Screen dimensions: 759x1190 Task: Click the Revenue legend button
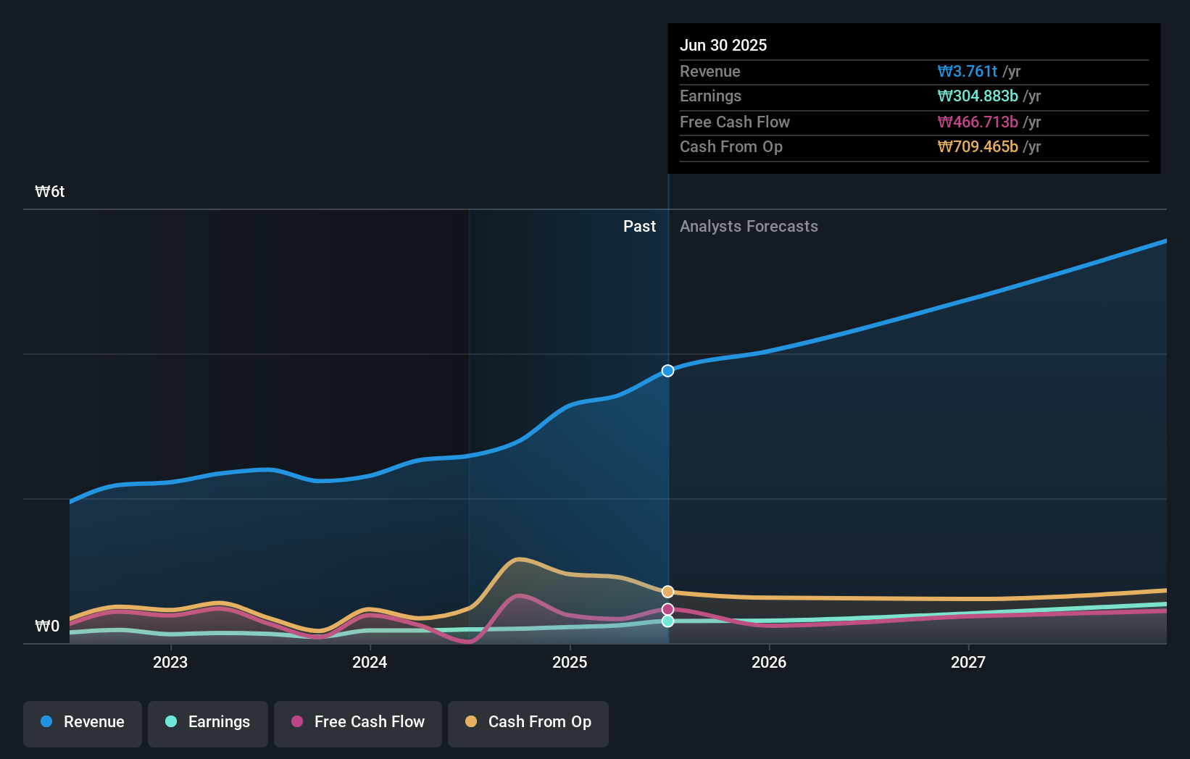(83, 722)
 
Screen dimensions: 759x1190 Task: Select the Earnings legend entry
(208, 722)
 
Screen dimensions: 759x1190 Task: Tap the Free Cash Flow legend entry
(358, 722)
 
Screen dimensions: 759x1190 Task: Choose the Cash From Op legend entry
(528, 722)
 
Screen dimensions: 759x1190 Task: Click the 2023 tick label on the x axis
(170, 662)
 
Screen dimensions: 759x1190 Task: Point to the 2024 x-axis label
(370, 662)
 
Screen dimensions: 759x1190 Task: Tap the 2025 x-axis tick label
(570, 662)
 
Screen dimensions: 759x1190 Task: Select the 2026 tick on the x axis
(769, 662)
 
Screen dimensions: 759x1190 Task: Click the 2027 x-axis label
(968, 662)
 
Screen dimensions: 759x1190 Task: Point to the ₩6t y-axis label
(50, 192)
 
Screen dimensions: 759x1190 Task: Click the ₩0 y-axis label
(47, 626)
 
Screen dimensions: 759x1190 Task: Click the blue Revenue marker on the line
(667, 371)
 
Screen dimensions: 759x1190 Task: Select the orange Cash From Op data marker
(667, 592)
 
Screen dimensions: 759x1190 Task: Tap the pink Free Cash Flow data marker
(667, 609)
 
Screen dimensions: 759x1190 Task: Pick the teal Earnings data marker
(667, 621)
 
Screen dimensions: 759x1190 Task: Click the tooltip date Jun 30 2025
(723, 45)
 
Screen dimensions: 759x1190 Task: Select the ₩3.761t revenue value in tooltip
(968, 72)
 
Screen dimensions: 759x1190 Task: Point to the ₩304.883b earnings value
(978, 96)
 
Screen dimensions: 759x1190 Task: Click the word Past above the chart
(639, 227)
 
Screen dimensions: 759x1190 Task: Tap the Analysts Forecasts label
(749, 227)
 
